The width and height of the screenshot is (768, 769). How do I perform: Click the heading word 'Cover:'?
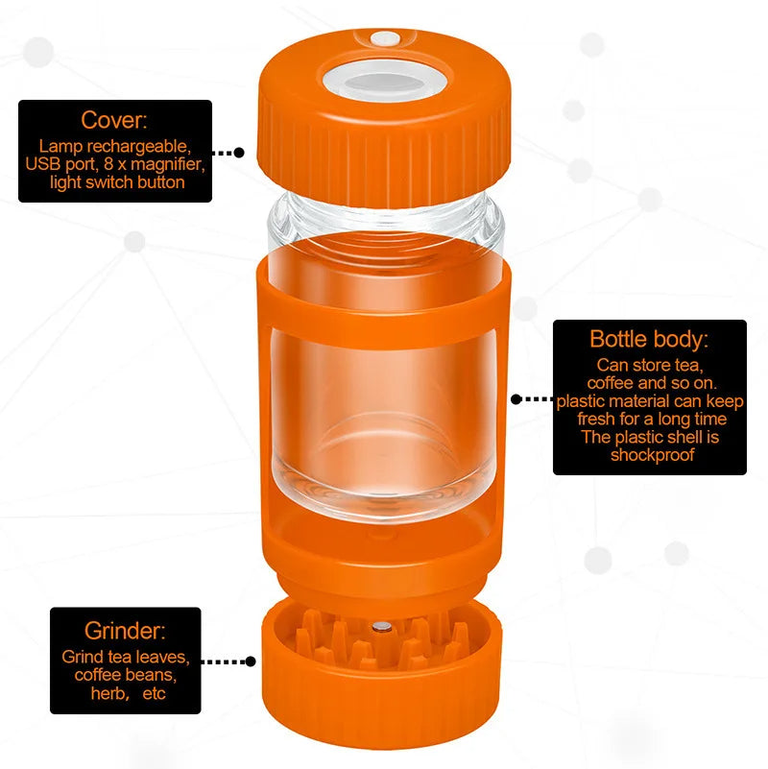click(x=114, y=120)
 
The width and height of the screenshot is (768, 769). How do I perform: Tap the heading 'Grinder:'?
click(x=125, y=631)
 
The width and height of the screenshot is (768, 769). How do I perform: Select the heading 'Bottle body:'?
click(x=649, y=340)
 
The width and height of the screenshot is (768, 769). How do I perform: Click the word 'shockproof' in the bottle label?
click(x=652, y=455)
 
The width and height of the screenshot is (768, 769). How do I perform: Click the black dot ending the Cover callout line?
click(x=239, y=153)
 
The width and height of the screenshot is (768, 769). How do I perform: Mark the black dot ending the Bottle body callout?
click(x=516, y=399)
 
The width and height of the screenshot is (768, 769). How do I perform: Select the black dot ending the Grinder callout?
click(x=251, y=661)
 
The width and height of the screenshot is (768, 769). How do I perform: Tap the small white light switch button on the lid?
click(x=385, y=38)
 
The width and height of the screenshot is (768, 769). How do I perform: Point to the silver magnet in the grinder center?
click(x=381, y=626)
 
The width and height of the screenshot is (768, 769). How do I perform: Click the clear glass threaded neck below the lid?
click(x=386, y=219)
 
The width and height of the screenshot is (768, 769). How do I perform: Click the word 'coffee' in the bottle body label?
click(x=611, y=382)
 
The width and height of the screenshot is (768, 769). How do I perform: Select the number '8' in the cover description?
click(x=108, y=164)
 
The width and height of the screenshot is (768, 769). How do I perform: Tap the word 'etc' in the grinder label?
click(x=154, y=694)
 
